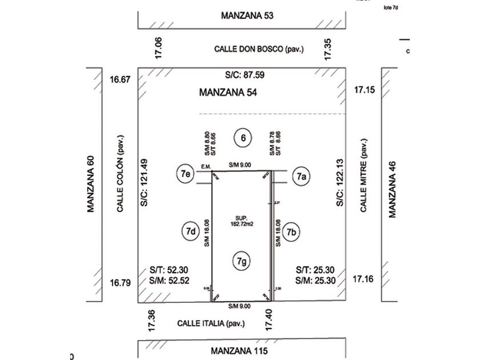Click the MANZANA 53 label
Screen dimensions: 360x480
(x=247, y=15)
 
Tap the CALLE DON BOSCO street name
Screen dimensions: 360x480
(x=259, y=49)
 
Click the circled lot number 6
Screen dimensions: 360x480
(x=243, y=138)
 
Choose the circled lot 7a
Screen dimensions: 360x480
(x=302, y=177)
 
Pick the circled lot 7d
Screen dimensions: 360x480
(x=190, y=231)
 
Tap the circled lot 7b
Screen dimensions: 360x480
(x=292, y=232)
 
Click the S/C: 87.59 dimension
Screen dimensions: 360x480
(x=246, y=75)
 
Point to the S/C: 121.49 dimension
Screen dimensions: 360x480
(x=144, y=183)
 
